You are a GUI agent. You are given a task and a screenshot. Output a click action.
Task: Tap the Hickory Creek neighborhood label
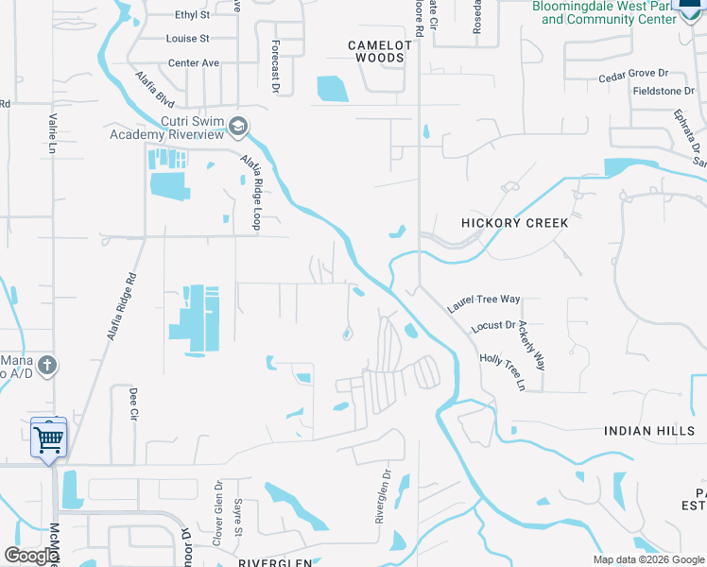[x=515, y=223]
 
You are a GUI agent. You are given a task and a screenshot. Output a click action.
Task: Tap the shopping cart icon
[x=48, y=437]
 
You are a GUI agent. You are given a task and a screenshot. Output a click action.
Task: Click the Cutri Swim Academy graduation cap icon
[x=240, y=126]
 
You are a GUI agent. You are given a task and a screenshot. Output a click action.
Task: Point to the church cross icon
[x=49, y=365]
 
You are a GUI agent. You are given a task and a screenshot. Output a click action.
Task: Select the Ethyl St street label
[x=193, y=15]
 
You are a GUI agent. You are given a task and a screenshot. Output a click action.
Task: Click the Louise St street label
[x=187, y=39]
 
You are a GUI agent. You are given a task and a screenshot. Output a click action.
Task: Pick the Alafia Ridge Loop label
[x=250, y=193]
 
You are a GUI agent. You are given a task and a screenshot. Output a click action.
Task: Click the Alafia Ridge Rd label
[x=122, y=306]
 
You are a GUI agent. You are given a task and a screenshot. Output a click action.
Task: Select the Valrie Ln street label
[x=51, y=135]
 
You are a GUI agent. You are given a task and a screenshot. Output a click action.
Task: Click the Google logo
[x=31, y=556]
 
